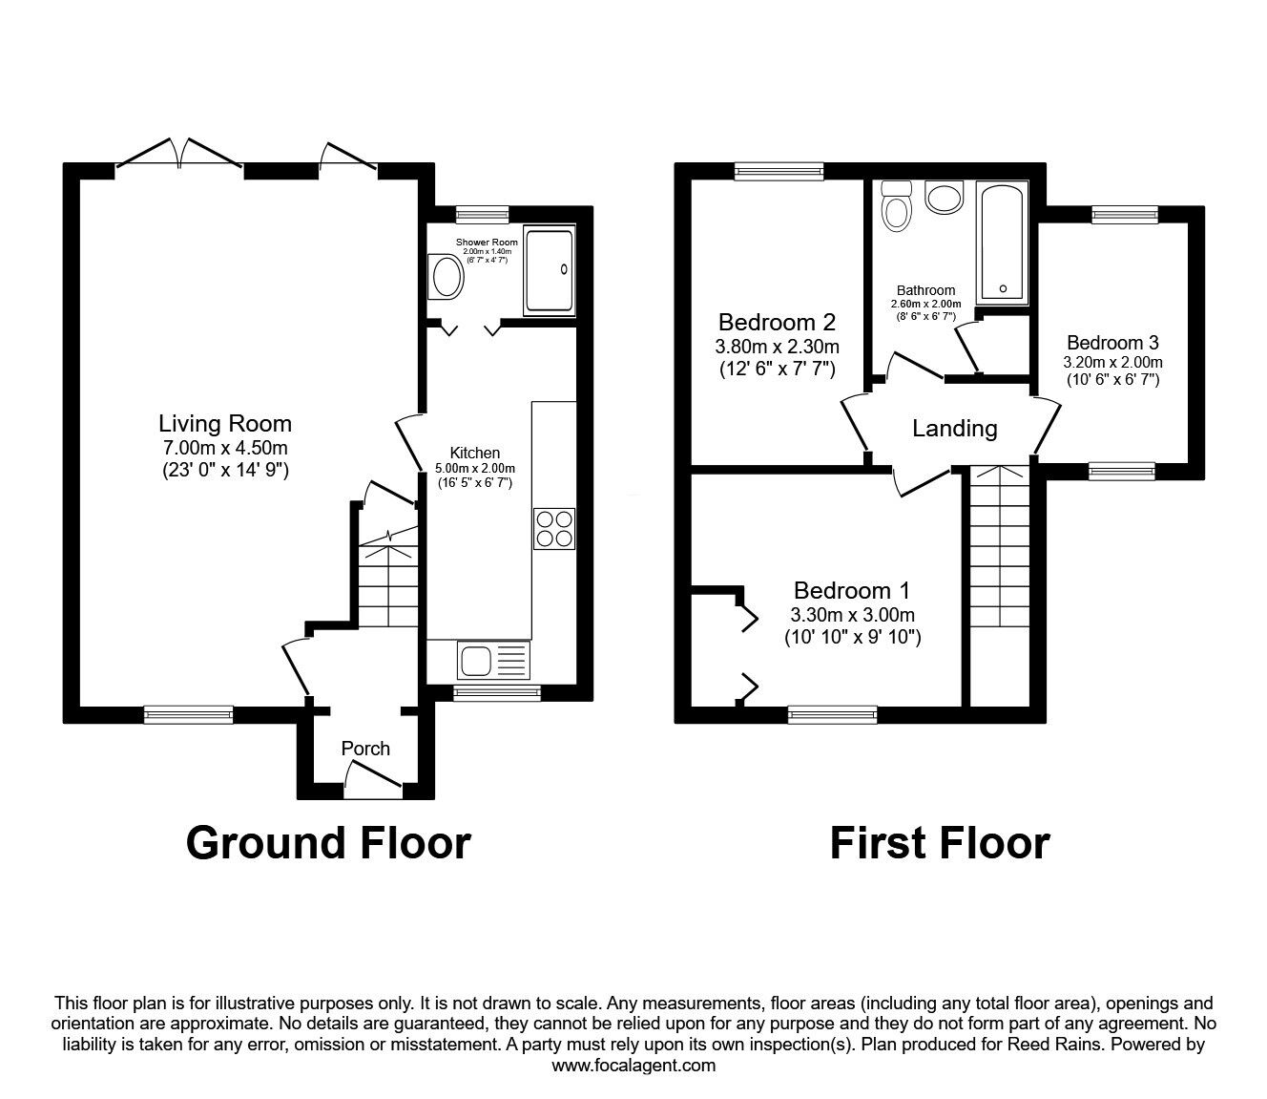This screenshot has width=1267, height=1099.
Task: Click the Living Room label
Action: tap(225, 423)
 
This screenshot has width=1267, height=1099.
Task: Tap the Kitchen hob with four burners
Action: tap(554, 528)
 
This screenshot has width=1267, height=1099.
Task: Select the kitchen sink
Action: tap(492, 660)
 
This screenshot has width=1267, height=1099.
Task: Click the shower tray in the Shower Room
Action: tap(549, 270)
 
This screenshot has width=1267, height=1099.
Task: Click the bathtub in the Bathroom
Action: tap(1001, 243)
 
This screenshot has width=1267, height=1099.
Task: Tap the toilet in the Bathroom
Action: tap(896, 206)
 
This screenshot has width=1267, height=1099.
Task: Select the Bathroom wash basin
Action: tap(945, 198)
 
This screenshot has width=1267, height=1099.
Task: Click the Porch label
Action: tap(365, 749)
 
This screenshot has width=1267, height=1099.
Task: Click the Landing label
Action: tap(954, 429)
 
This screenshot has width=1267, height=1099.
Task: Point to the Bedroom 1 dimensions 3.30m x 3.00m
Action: tap(852, 615)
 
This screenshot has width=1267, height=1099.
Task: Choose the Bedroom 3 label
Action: tap(1112, 343)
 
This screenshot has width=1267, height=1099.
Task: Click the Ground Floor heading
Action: tap(328, 843)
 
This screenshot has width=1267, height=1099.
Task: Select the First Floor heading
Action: tap(939, 843)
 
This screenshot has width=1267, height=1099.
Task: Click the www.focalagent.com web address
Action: tap(633, 1065)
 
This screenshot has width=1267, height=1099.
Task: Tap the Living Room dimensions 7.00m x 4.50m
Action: tap(225, 448)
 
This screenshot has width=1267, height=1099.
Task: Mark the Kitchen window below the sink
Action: tap(496, 693)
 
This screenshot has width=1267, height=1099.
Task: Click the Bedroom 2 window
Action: tap(779, 171)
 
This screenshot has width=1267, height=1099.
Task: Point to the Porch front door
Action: tap(373, 785)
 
